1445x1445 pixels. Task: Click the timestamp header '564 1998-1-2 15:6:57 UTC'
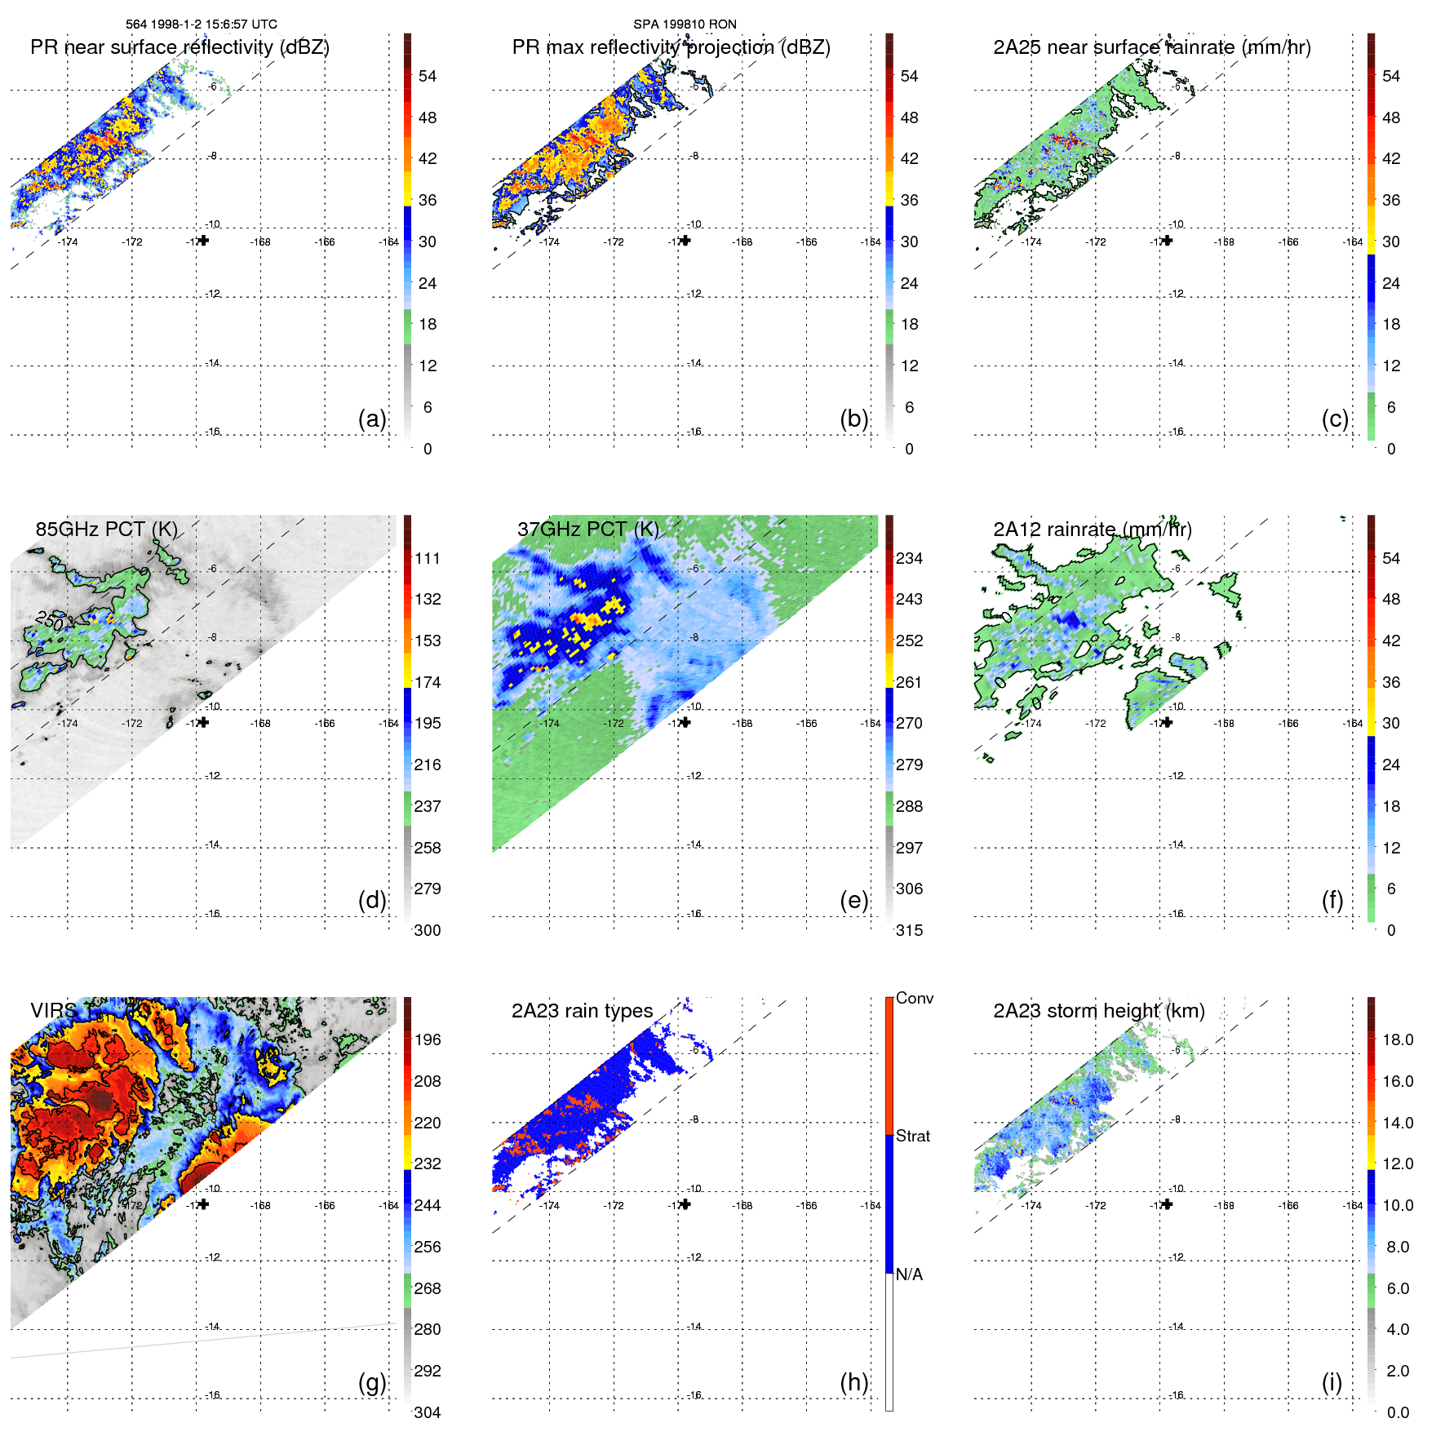tap(201, 24)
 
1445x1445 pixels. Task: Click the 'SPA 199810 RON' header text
tap(685, 24)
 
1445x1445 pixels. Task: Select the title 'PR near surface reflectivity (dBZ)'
tap(180, 47)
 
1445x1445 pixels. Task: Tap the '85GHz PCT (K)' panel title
tap(106, 529)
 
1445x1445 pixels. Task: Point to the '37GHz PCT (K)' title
tap(587, 529)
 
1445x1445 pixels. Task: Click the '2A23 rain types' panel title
tap(582, 1011)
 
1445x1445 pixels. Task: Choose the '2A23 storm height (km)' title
tap(1098, 1011)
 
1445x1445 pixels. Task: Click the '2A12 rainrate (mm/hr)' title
tap(1092, 529)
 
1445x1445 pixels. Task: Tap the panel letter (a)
tap(372, 419)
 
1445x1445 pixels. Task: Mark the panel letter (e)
tap(853, 900)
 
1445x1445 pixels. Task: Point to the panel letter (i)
tap(1332, 1382)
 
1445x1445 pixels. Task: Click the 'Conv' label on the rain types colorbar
tap(914, 998)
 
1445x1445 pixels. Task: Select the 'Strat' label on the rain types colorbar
tap(912, 1136)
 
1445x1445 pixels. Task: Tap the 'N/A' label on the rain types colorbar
tap(909, 1274)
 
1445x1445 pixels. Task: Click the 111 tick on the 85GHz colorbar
tap(428, 558)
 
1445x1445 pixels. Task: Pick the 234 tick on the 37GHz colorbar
tap(909, 558)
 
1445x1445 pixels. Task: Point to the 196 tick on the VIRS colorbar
tap(428, 1039)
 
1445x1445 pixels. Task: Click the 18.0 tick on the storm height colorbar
tap(1398, 1039)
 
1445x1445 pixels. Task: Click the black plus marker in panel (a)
tap(203, 241)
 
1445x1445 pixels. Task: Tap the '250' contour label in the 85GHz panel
tap(49, 620)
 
